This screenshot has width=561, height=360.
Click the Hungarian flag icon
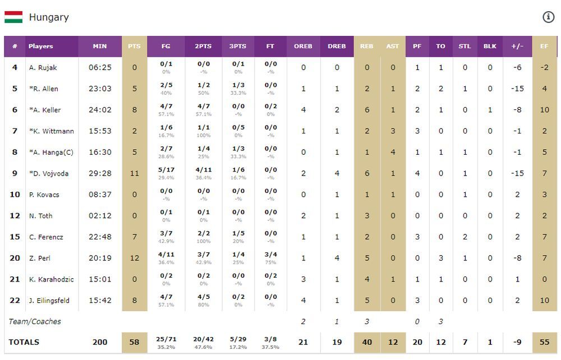pyautogui.click(x=13, y=17)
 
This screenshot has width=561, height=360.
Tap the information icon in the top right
pyautogui.click(x=548, y=17)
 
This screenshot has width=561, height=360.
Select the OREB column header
pyautogui.click(x=303, y=46)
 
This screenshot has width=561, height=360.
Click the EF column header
pyautogui.click(x=544, y=46)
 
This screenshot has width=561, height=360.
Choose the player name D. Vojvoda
pyautogui.click(x=49, y=173)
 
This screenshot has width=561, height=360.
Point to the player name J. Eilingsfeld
pyautogui.click(x=49, y=301)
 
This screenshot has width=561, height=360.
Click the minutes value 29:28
pyautogui.click(x=100, y=173)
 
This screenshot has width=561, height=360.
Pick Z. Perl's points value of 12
pyautogui.click(x=134, y=258)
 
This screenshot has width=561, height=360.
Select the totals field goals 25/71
pyautogui.click(x=166, y=339)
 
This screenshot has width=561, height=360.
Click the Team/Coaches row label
pyautogui.click(x=35, y=321)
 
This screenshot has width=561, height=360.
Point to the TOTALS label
pyautogui.click(x=24, y=342)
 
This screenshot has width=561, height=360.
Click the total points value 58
pyautogui.click(x=134, y=342)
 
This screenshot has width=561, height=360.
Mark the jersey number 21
pyautogui.click(x=15, y=279)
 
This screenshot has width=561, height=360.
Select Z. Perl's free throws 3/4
pyautogui.click(x=270, y=255)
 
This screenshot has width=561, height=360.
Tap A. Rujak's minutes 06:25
pyautogui.click(x=100, y=67)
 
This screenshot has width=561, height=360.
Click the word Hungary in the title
pyautogui.click(x=49, y=17)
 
